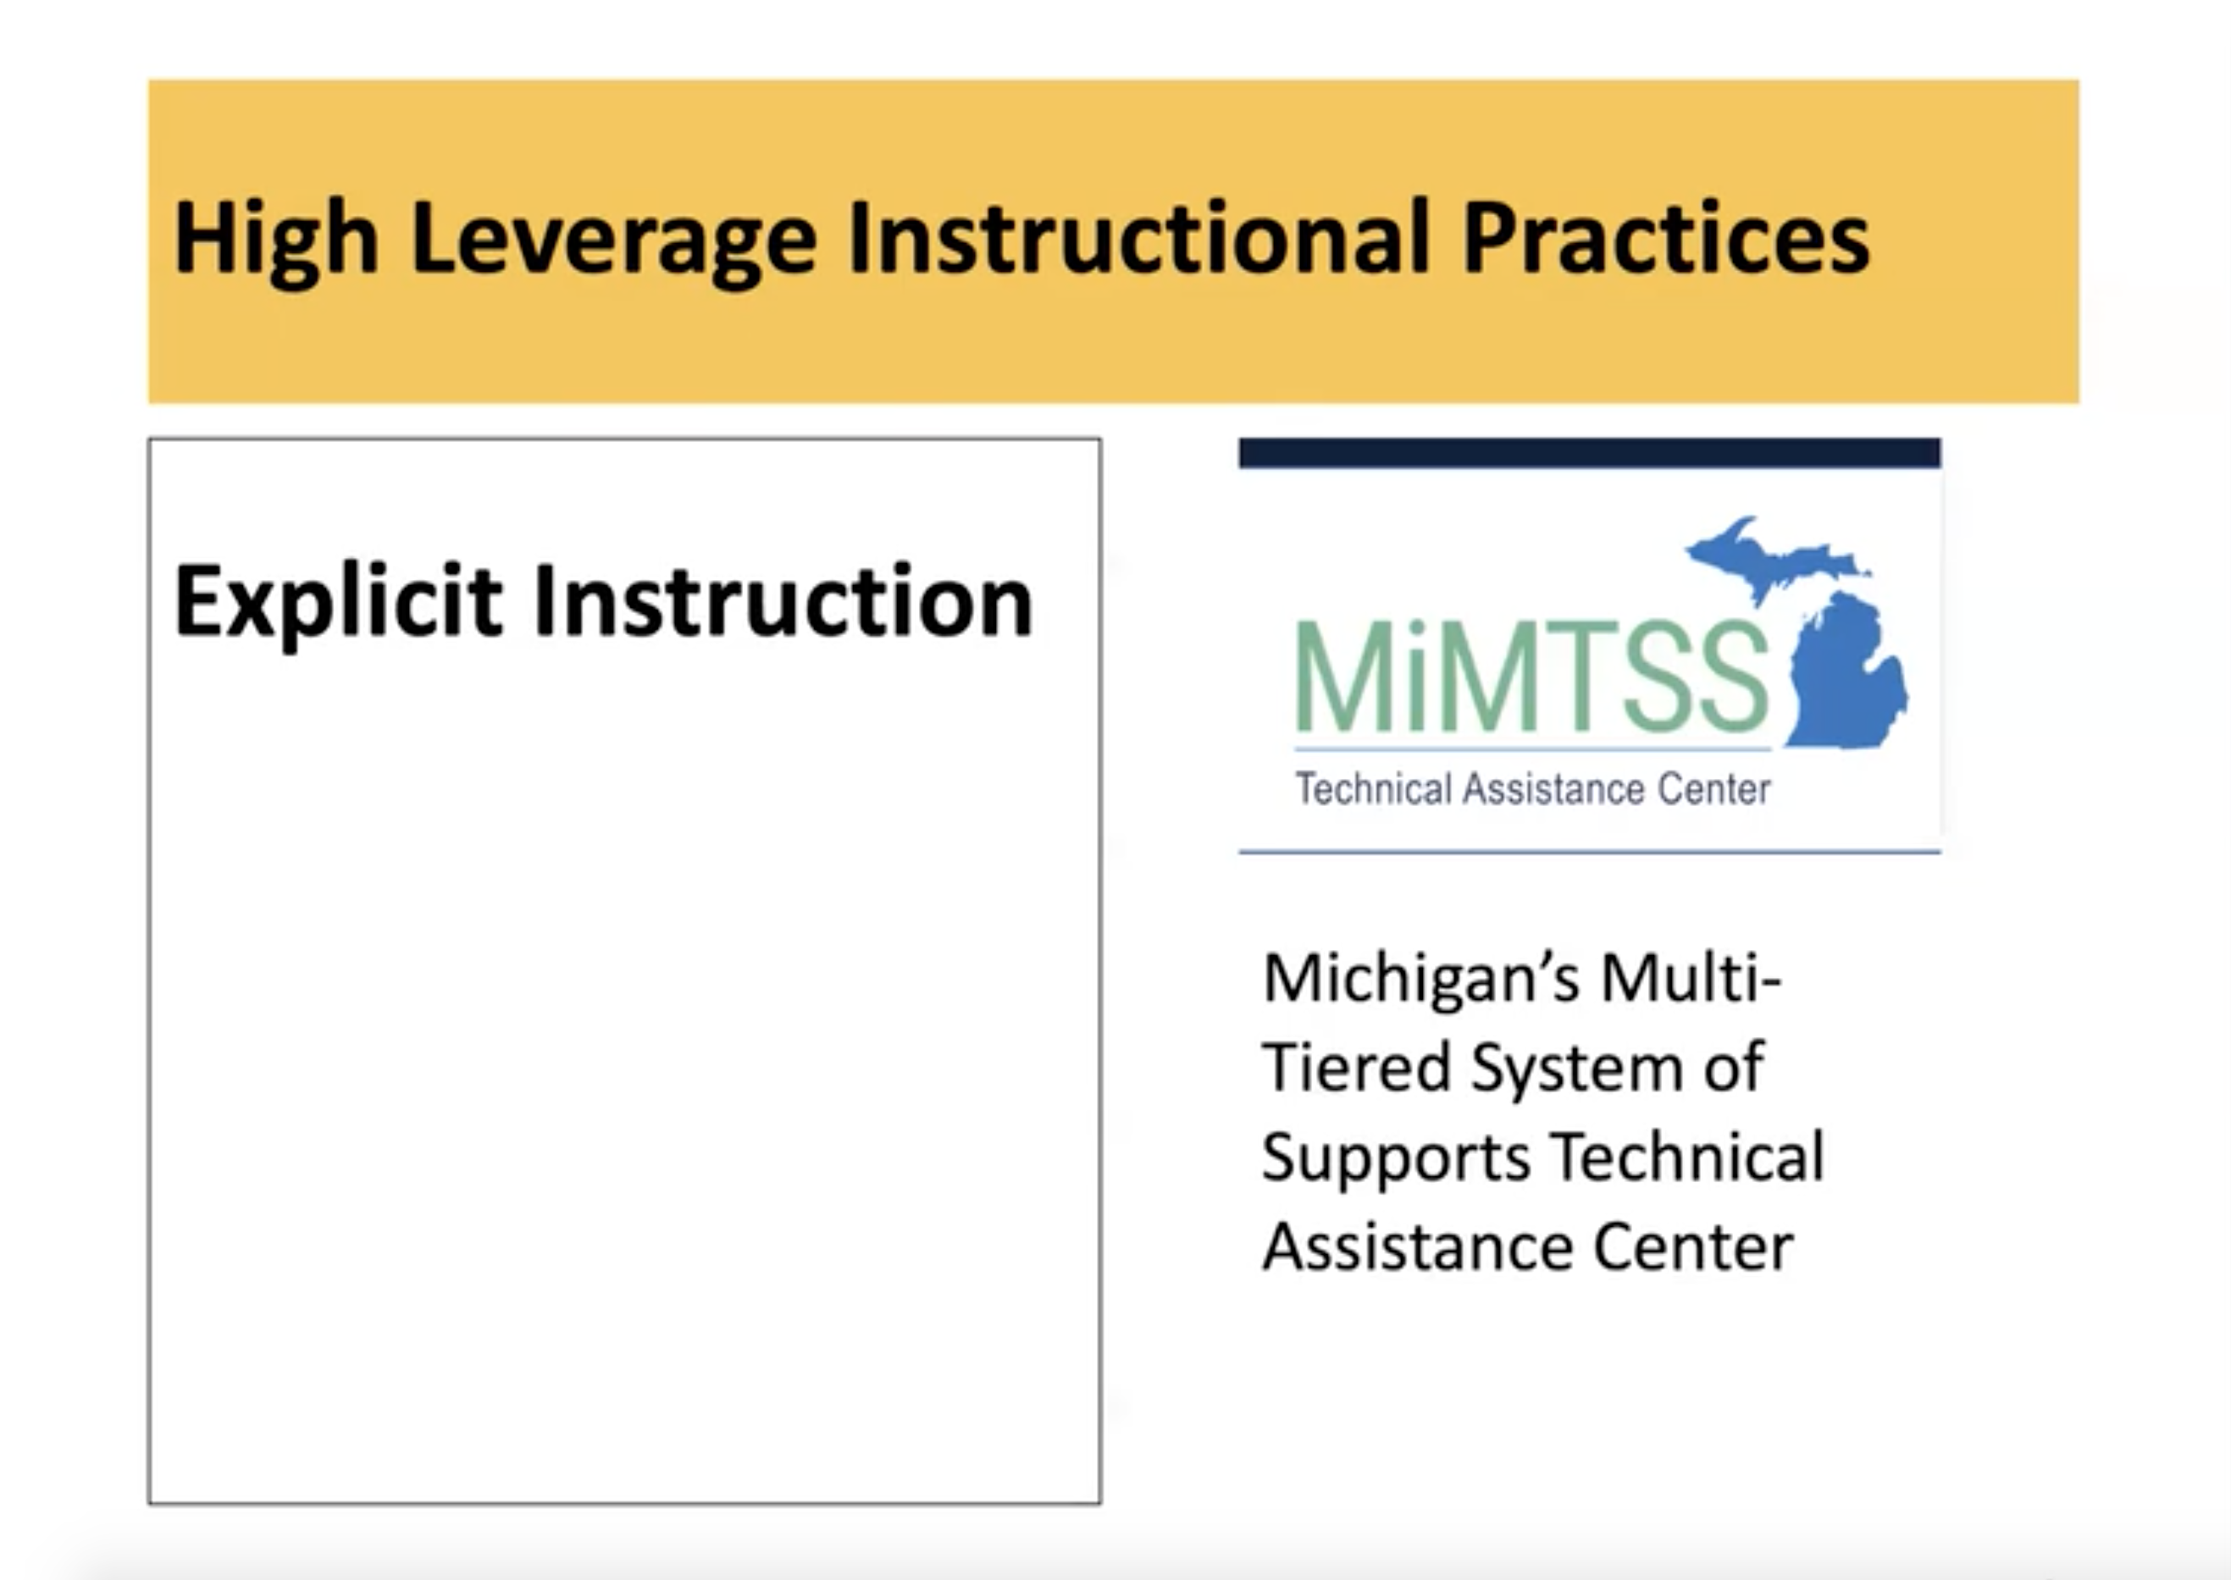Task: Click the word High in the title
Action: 274,240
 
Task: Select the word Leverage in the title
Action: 613,240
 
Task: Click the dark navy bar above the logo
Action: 1589,453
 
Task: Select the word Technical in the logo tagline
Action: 1373,789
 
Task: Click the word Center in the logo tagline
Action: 1713,789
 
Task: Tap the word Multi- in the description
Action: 1691,977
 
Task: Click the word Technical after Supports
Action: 1688,1157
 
